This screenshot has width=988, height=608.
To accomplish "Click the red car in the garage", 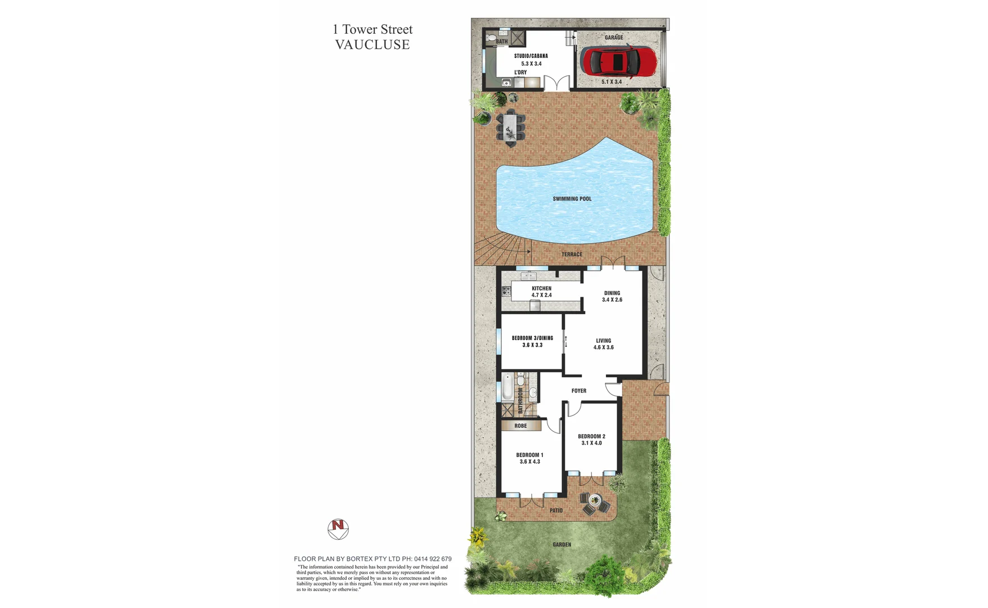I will [618, 61].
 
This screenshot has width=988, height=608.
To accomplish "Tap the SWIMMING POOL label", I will [572, 199].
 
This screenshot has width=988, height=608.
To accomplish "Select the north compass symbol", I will [338, 529].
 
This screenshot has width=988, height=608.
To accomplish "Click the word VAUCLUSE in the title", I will [372, 45].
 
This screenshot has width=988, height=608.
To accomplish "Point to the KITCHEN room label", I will [541, 288].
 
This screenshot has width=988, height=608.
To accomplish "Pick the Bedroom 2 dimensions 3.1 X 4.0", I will [591, 443].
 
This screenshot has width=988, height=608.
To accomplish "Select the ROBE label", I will [520, 426].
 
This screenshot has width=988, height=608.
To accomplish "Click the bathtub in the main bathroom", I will [507, 387].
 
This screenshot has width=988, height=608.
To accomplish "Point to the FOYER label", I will [578, 391].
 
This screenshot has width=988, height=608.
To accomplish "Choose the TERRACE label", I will [572, 254].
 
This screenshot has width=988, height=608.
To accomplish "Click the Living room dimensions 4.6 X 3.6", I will [603, 347].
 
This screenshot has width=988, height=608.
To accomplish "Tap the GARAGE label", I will [613, 38].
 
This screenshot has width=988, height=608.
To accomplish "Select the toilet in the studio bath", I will [491, 38].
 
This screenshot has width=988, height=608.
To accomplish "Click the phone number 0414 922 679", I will [433, 559].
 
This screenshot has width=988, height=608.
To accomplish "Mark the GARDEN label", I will [562, 544].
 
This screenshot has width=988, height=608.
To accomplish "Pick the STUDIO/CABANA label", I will [531, 56].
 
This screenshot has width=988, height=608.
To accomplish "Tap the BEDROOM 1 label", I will [529, 455].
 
